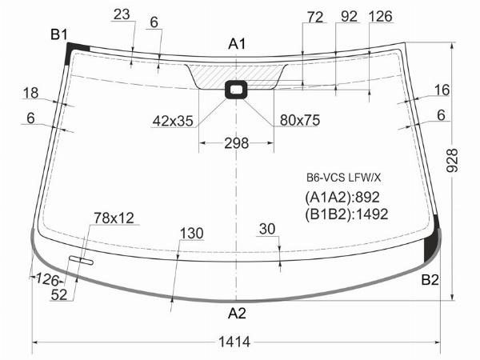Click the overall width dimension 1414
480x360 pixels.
(234, 342)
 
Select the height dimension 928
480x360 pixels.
(452, 161)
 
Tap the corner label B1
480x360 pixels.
(58, 34)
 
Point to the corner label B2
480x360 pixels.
(430, 279)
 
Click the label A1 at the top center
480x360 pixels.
(237, 44)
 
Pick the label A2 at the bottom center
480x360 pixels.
(237, 313)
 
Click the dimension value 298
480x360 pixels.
(236, 143)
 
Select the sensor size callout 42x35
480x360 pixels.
(173, 121)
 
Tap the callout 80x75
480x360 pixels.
(300, 120)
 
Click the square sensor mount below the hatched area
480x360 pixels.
(236, 90)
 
